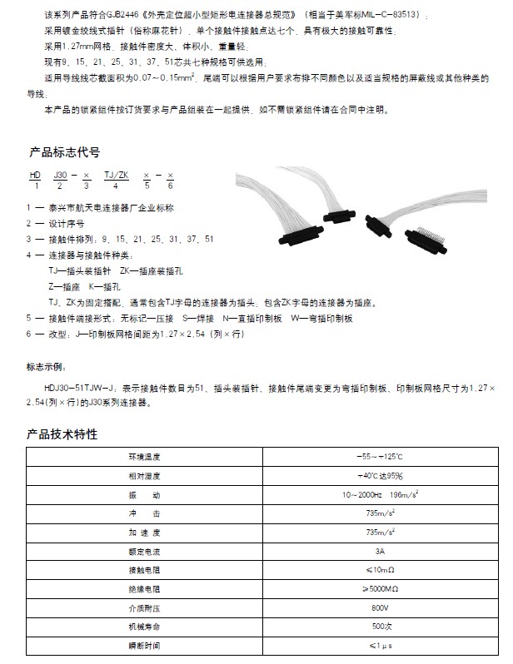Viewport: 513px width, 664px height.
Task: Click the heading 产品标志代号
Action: (64, 152)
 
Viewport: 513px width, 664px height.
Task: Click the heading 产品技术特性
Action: (63, 434)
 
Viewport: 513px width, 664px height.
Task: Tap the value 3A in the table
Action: (380, 551)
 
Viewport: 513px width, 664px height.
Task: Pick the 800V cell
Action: (380, 607)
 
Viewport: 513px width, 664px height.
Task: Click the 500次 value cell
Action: (380, 626)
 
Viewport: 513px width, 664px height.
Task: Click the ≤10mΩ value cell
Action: (380, 570)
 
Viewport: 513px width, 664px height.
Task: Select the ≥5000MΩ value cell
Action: (380, 588)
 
